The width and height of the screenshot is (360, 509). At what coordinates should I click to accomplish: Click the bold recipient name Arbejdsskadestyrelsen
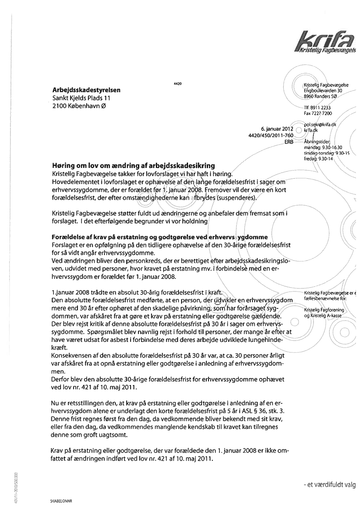(86, 90)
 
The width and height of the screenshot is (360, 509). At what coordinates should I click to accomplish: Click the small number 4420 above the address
(177, 83)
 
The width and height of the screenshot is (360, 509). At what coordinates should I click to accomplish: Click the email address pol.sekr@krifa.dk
(320, 124)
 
